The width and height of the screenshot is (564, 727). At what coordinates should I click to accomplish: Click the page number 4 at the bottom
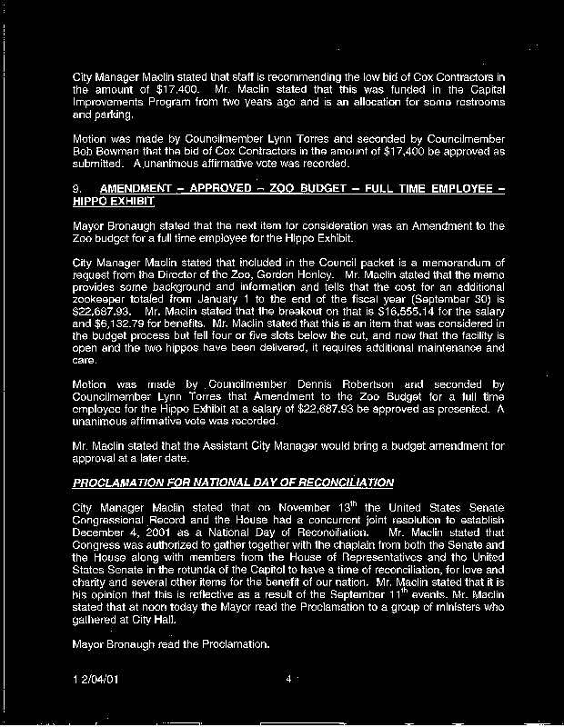287,679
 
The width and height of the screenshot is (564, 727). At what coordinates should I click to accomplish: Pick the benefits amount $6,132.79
125,324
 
